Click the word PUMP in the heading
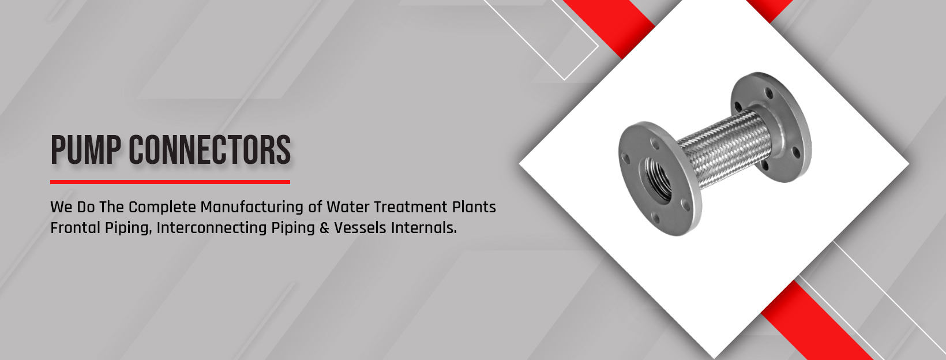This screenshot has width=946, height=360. [x=86, y=150]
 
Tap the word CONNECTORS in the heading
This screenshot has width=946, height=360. [x=209, y=150]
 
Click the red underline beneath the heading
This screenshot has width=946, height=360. [x=170, y=182]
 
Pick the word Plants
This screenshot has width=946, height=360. [x=474, y=207]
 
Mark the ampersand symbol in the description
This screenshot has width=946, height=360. [x=324, y=228]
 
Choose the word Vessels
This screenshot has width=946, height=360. [x=360, y=228]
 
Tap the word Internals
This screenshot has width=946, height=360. [x=424, y=228]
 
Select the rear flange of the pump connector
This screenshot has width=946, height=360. [x=771, y=127]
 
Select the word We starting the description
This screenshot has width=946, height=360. [x=61, y=207]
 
